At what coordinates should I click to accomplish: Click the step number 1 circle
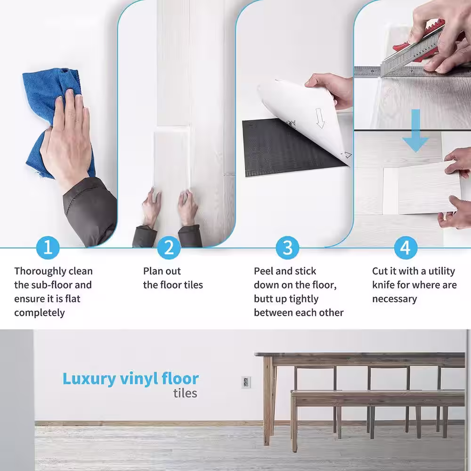click(48, 248)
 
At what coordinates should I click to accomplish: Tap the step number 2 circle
click(169, 248)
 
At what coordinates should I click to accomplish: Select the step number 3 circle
click(287, 248)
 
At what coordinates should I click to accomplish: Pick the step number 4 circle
click(406, 248)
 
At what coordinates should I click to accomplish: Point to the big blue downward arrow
click(416, 130)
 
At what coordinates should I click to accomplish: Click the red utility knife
click(421, 45)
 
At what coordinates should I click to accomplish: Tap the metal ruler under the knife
click(412, 72)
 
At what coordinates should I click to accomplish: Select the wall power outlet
click(246, 382)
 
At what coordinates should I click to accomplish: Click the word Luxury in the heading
click(89, 379)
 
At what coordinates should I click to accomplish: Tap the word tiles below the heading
click(185, 393)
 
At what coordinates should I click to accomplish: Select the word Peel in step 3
click(263, 271)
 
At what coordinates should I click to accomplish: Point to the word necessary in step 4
click(394, 299)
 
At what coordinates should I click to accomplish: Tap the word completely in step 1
click(40, 313)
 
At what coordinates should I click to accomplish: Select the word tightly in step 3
click(303, 300)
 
